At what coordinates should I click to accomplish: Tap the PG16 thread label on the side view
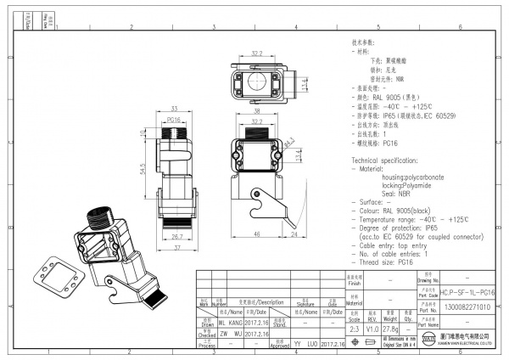click(x=174, y=121)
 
